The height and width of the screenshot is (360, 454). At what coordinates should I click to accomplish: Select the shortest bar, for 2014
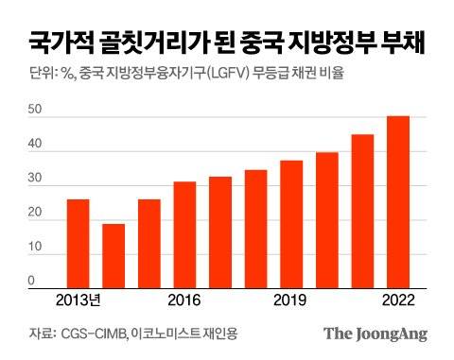tap(113, 254)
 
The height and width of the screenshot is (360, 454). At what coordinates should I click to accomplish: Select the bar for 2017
tap(220, 231)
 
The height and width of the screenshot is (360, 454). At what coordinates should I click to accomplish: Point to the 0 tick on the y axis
tap(30, 281)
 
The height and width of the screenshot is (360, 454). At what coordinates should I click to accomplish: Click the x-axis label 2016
tap(184, 300)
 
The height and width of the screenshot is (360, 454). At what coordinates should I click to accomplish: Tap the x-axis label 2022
tap(398, 300)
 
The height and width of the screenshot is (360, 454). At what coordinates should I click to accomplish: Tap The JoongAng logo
tap(375, 334)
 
